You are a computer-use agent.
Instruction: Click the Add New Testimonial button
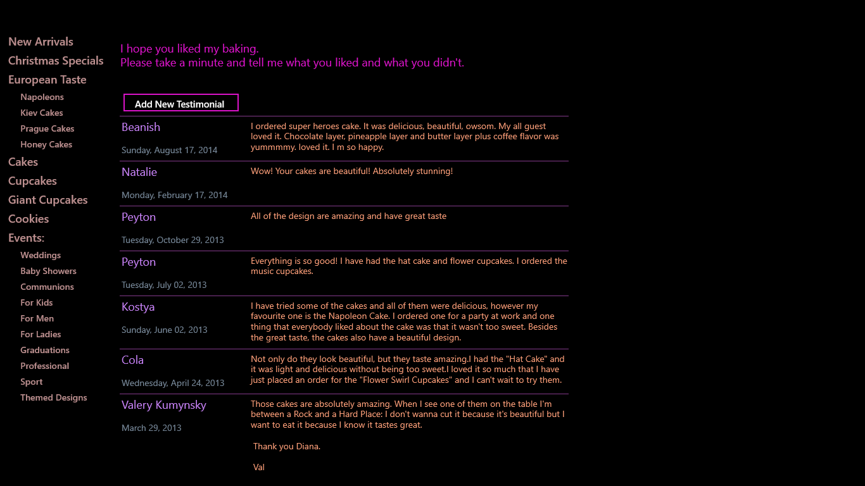click(x=180, y=103)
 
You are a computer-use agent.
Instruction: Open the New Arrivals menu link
click(x=41, y=42)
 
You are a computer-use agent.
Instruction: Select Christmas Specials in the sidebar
click(x=56, y=61)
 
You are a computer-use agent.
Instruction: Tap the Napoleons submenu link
click(x=42, y=97)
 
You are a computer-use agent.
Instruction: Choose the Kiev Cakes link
click(x=42, y=113)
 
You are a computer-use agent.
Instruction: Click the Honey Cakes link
click(x=46, y=144)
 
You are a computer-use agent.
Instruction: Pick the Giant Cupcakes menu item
click(x=48, y=200)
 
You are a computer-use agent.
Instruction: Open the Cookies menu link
click(x=28, y=219)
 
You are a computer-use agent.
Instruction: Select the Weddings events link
click(x=41, y=255)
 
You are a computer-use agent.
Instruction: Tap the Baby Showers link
click(x=48, y=271)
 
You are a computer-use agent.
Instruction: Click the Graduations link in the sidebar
click(x=45, y=350)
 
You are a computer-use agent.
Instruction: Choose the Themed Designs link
click(x=54, y=397)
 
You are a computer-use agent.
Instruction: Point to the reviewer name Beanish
click(x=141, y=127)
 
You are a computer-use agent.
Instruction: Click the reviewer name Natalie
click(x=139, y=172)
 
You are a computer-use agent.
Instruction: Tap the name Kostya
click(x=138, y=307)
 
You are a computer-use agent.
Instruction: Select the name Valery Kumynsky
click(x=164, y=405)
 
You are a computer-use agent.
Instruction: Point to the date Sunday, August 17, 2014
click(x=169, y=150)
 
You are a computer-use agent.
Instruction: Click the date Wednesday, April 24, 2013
click(x=173, y=383)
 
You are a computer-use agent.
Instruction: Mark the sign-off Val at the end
click(x=259, y=467)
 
